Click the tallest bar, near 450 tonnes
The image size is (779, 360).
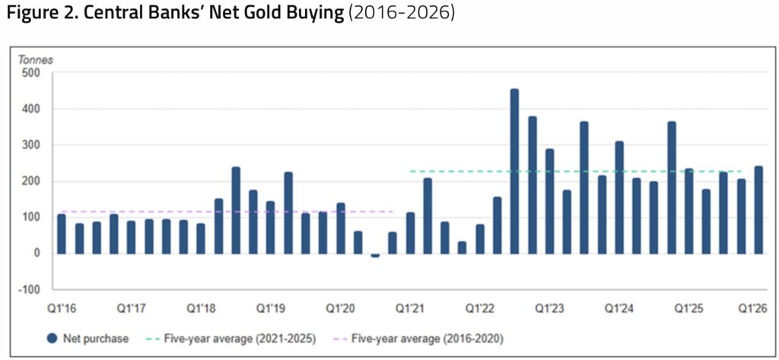[x=515, y=171]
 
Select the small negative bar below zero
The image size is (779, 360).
[x=375, y=256]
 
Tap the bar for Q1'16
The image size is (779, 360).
[x=62, y=234]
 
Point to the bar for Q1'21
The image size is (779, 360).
[x=410, y=233]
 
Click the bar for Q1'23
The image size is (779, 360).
[x=549, y=202]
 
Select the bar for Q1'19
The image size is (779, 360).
[x=271, y=228]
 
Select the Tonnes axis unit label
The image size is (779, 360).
[x=36, y=60]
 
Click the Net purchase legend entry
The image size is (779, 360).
[x=87, y=339]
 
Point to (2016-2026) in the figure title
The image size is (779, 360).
[x=402, y=14]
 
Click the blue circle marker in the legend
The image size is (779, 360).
[x=52, y=339]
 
